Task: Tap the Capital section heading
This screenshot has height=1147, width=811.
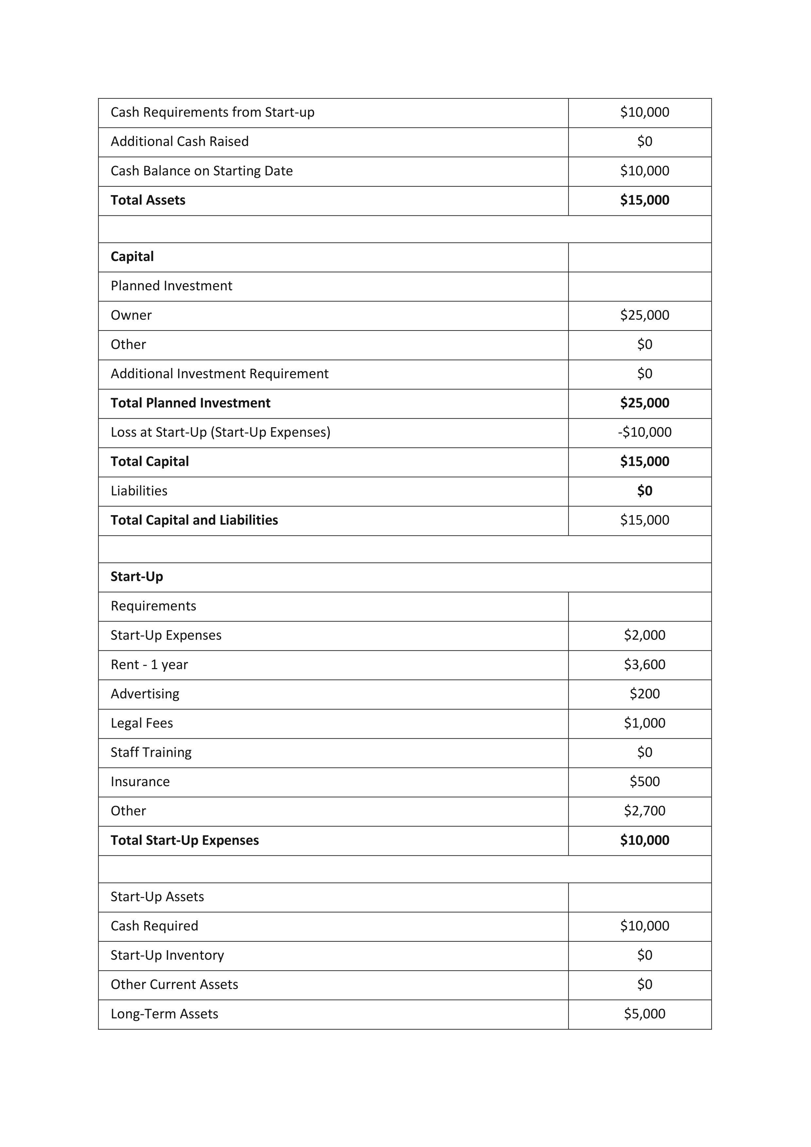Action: tap(132, 257)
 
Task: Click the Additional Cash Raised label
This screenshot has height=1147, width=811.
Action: tap(179, 142)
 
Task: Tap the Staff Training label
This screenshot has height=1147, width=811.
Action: tap(151, 752)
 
